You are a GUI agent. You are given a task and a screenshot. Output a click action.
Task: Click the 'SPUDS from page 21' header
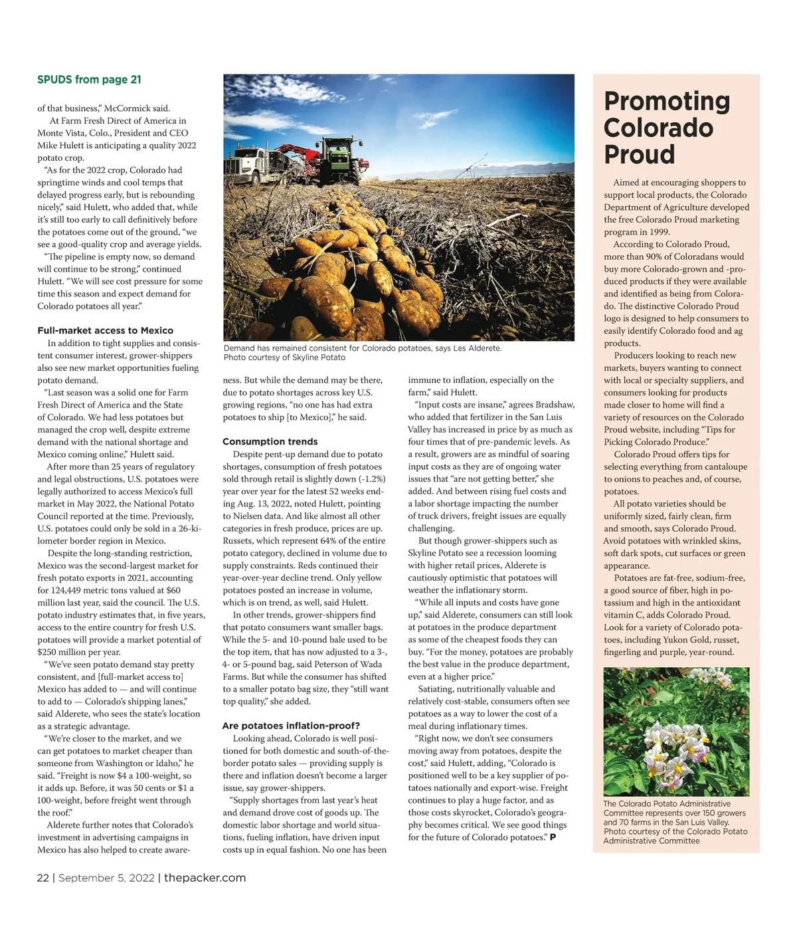pyautogui.click(x=89, y=80)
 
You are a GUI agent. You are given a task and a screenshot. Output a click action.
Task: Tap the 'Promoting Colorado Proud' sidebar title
pyautogui.click(x=667, y=128)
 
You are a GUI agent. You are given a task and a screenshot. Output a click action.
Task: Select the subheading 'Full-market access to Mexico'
pyautogui.click(x=105, y=330)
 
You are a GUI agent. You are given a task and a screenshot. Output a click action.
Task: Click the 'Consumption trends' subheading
pyautogui.click(x=270, y=441)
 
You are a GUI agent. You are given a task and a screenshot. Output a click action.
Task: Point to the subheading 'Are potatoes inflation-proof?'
pyautogui.click(x=291, y=726)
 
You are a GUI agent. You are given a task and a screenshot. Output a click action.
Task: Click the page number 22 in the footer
pyautogui.click(x=43, y=878)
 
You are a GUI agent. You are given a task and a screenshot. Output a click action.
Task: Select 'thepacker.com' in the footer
pyautogui.click(x=205, y=878)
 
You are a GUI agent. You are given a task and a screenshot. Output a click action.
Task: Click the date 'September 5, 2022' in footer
pyautogui.click(x=106, y=878)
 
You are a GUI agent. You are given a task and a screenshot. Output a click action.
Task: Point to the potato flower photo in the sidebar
pyautogui.click(x=676, y=731)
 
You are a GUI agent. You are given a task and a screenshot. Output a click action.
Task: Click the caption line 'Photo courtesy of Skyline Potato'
pyautogui.click(x=284, y=358)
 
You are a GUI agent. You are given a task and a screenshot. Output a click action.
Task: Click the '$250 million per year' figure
pyautogui.click(x=79, y=652)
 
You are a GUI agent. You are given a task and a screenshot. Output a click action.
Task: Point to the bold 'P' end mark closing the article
pyautogui.click(x=553, y=837)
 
